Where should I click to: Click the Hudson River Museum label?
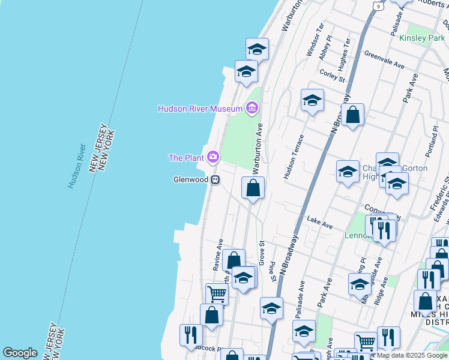(x=200, y=109)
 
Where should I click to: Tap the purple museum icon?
(x=252, y=109)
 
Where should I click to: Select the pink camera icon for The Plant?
(x=212, y=158)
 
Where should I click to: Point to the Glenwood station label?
(x=190, y=179)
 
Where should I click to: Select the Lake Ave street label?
(x=319, y=223)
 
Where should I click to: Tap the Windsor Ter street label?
(x=315, y=40)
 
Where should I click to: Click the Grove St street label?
(x=262, y=253)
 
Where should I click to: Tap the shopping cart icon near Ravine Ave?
(x=217, y=294)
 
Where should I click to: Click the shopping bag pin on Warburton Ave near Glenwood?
(x=253, y=188)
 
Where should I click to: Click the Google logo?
(x=20, y=353)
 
